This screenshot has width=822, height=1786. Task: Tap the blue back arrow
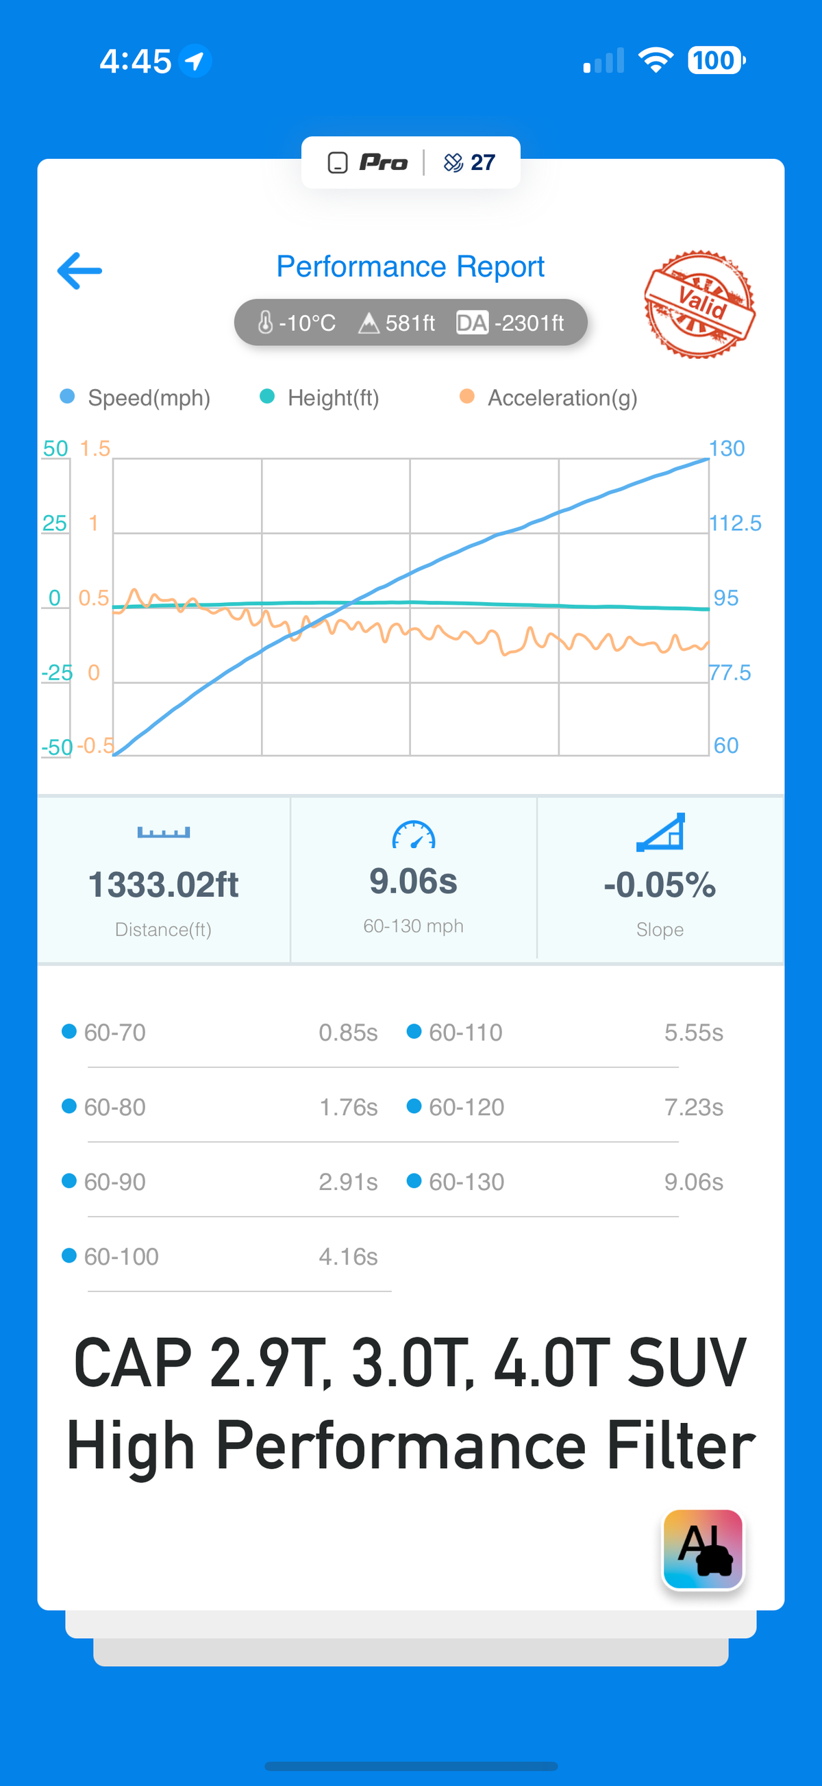click(x=79, y=271)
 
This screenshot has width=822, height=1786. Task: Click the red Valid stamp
click(x=699, y=304)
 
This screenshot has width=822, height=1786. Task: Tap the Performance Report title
click(x=410, y=266)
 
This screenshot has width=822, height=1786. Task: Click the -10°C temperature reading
click(x=297, y=323)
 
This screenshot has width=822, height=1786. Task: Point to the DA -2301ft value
click(x=510, y=323)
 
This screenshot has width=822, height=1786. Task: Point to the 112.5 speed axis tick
click(x=735, y=523)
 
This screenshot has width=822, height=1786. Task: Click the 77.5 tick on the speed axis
click(x=730, y=673)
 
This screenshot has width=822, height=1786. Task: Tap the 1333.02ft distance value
click(x=164, y=884)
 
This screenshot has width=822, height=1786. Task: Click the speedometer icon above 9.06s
click(x=413, y=834)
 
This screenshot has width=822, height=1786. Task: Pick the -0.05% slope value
click(x=659, y=884)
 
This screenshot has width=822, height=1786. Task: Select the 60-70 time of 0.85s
click(x=348, y=1032)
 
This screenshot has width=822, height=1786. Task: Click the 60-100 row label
click(x=121, y=1256)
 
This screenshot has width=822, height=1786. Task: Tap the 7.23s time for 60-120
click(x=693, y=1107)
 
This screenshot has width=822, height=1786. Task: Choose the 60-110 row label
click(x=465, y=1032)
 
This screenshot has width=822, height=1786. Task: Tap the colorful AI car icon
click(x=703, y=1549)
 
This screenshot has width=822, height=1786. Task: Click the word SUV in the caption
click(x=686, y=1363)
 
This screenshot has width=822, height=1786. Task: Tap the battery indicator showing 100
click(x=715, y=60)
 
